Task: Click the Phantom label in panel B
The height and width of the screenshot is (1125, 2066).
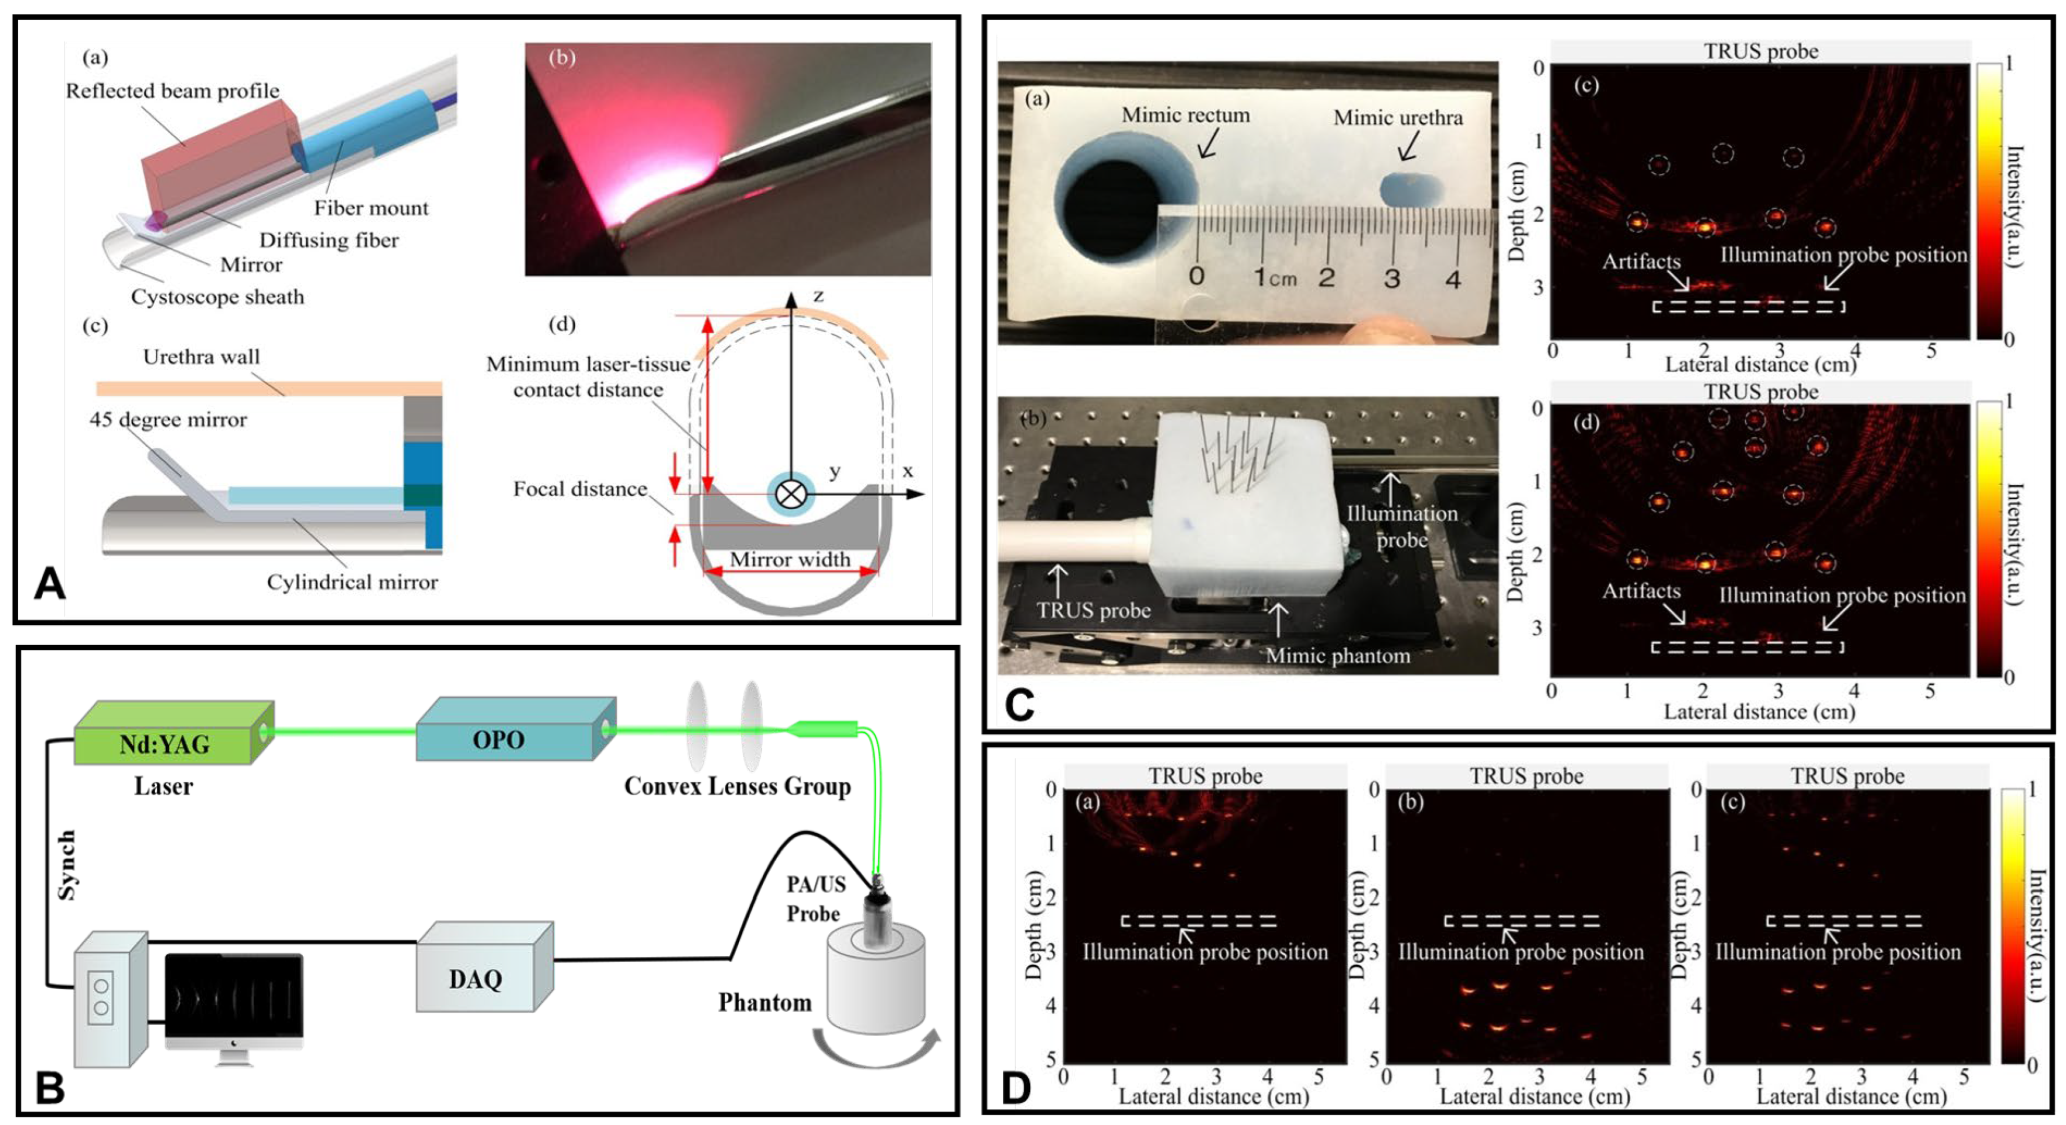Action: click(764, 1002)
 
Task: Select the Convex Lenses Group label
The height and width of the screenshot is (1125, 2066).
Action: click(737, 786)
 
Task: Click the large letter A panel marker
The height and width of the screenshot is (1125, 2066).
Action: click(49, 584)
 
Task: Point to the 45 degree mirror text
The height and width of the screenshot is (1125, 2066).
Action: click(168, 419)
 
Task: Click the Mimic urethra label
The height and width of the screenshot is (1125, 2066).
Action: click(1397, 118)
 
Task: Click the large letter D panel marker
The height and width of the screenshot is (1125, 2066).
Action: click(1017, 1088)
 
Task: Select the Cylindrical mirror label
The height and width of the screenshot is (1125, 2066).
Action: click(352, 582)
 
